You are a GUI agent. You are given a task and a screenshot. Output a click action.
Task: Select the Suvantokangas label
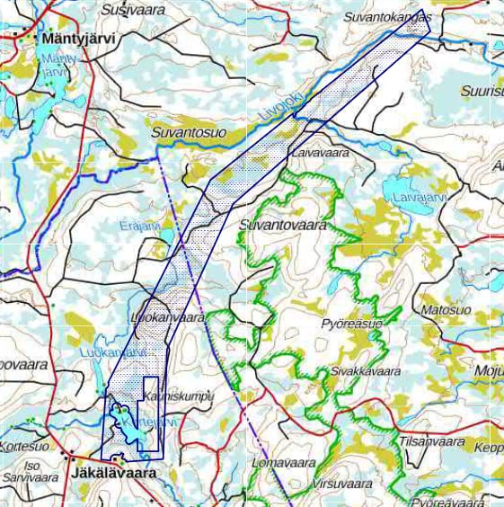pos(387,17)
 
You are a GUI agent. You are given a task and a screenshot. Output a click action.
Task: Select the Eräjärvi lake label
pos(140,226)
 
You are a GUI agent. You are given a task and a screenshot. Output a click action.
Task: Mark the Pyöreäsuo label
pos(351,323)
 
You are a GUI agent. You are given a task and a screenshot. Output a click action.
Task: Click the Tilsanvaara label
pos(431,441)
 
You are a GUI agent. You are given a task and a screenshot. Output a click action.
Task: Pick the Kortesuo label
pos(25,447)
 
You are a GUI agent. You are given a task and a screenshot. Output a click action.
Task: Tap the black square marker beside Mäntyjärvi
pos(19,39)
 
